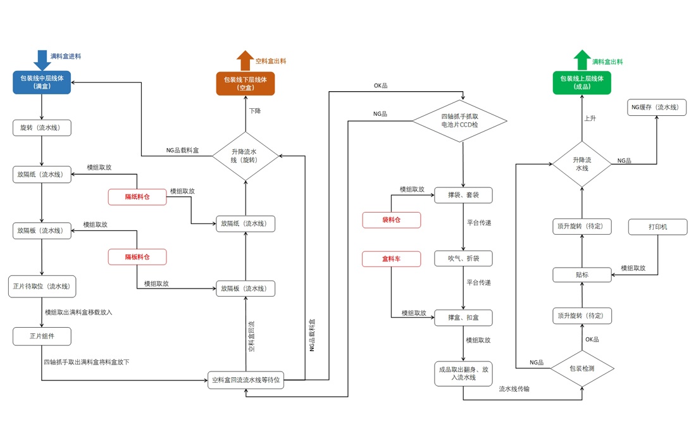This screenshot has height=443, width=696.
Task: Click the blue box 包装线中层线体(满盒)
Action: click(x=42, y=82)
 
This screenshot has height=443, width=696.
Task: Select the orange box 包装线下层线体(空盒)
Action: click(x=245, y=84)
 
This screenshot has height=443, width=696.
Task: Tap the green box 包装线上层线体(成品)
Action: click(x=582, y=83)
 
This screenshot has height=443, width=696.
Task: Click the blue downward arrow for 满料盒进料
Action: click(x=42, y=60)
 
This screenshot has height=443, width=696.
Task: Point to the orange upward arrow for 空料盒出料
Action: click(x=245, y=61)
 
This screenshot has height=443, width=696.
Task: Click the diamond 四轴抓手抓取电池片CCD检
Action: click(x=460, y=121)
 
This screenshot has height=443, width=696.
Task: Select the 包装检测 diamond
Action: click(x=582, y=368)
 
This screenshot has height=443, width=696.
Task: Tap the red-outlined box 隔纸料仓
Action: click(x=137, y=197)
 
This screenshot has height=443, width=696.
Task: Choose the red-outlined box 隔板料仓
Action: click(x=137, y=257)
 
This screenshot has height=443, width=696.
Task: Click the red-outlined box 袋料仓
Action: click(x=391, y=220)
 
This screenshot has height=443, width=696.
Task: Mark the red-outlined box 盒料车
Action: click(x=391, y=259)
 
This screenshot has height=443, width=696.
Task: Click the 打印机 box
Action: click(x=657, y=227)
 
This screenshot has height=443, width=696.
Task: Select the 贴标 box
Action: click(x=582, y=275)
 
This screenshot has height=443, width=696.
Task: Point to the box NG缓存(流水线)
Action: click(x=657, y=107)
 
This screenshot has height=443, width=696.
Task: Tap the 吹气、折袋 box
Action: click(x=463, y=258)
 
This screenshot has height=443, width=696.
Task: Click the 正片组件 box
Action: click(x=42, y=336)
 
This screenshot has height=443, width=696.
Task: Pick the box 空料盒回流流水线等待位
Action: click(x=245, y=380)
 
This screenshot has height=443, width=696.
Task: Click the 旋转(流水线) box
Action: click(x=42, y=128)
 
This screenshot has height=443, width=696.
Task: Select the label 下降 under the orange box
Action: click(x=254, y=111)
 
